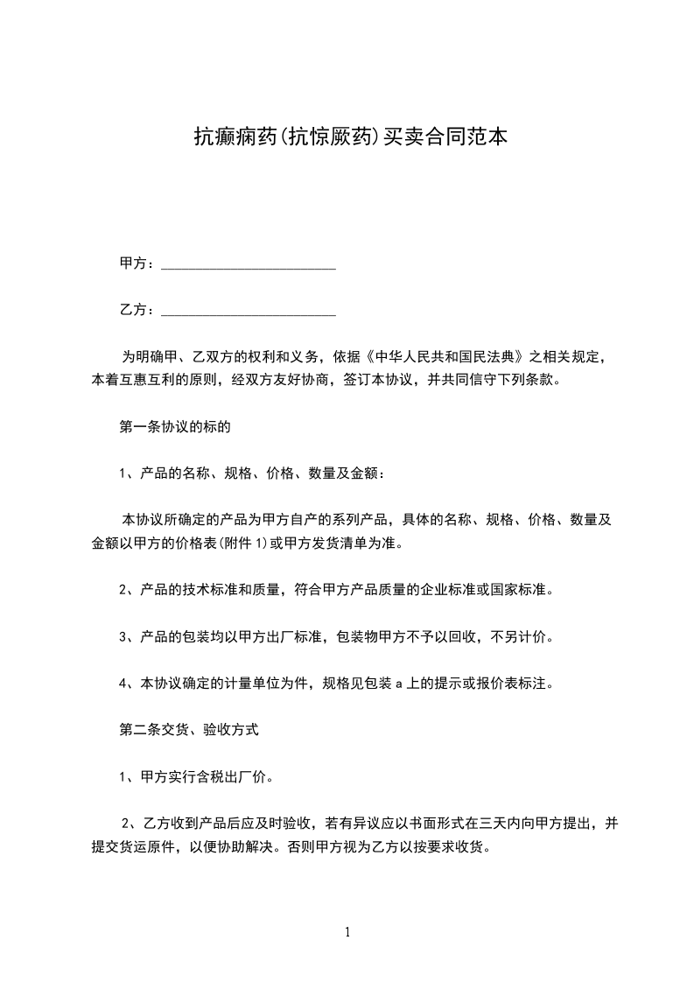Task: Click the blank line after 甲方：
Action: click(x=249, y=263)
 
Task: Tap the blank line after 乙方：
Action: click(x=249, y=310)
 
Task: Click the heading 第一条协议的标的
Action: click(x=175, y=428)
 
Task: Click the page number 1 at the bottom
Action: click(x=347, y=933)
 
